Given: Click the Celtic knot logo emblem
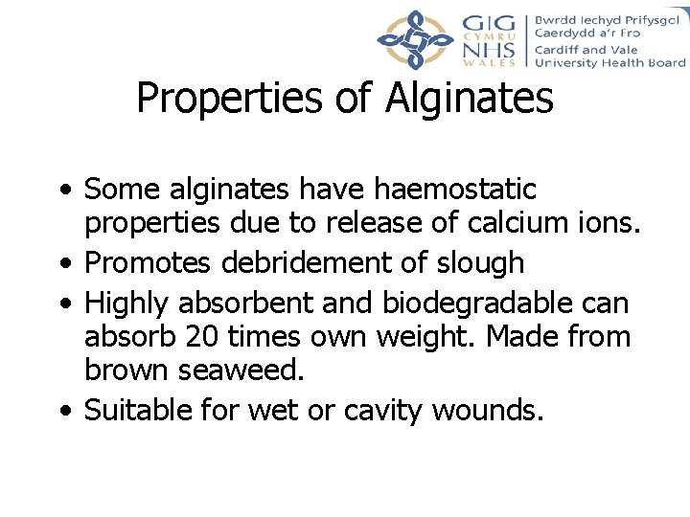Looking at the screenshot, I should [x=414, y=39].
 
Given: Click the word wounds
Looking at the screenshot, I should [x=488, y=411].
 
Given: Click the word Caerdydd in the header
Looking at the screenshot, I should [x=565, y=33].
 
